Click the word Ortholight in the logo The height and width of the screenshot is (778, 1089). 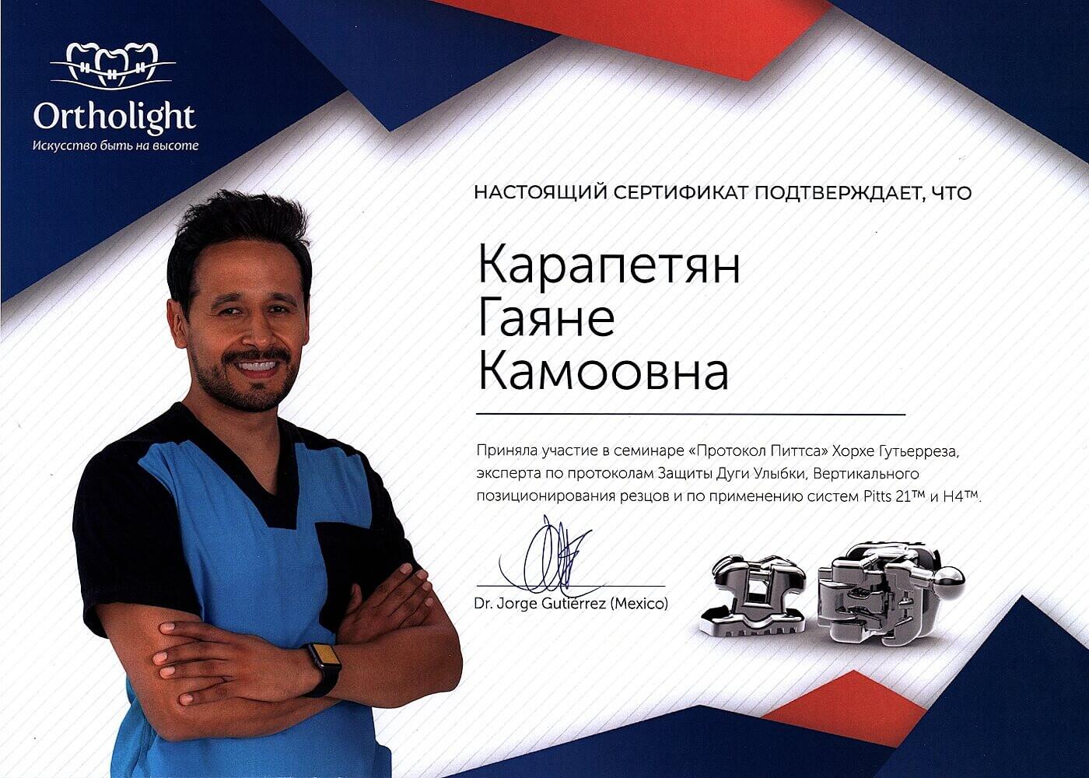tap(115, 118)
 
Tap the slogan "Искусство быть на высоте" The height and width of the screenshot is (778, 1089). tap(116, 145)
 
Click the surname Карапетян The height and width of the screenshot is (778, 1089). tap(609, 268)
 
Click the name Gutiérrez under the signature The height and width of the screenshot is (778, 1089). tap(569, 605)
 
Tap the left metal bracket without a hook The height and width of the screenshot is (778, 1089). tap(754, 599)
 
